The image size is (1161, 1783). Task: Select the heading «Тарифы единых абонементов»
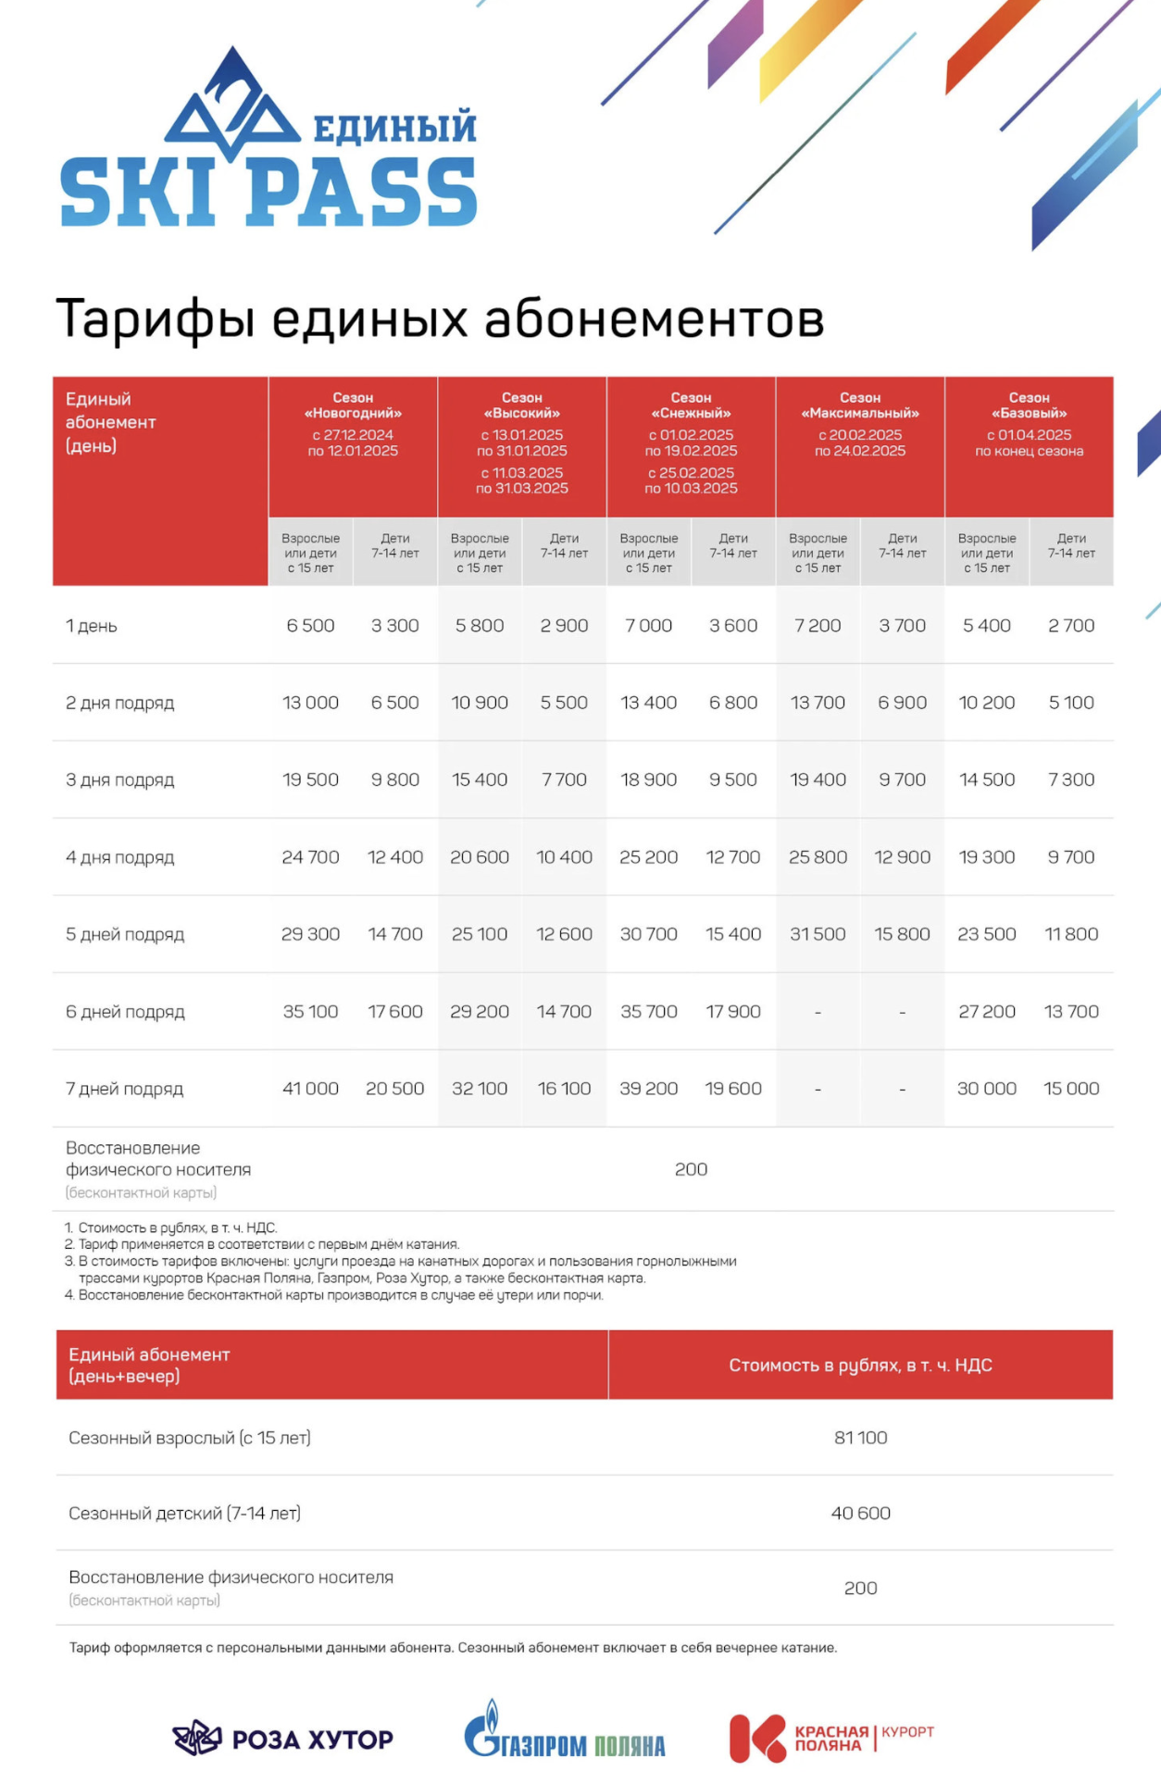pos(440,318)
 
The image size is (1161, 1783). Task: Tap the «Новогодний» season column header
pos(353,405)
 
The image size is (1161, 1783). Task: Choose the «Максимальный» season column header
pos(860,405)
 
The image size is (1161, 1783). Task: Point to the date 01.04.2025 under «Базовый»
pos(1034,435)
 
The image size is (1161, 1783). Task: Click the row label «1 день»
pos(92,626)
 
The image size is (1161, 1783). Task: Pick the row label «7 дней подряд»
pos(124,1089)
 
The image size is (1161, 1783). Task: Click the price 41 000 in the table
pos(310,1089)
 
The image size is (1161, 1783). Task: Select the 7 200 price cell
pos(818,626)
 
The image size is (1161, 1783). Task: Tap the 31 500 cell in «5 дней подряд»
pos(818,934)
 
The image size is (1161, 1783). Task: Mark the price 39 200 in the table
pos(648,1089)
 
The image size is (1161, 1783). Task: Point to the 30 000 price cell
pos(986,1089)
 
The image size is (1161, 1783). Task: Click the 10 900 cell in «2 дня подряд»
pos(480,703)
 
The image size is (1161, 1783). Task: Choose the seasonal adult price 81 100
pos(860,1438)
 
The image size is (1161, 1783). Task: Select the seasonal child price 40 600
pos(860,1514)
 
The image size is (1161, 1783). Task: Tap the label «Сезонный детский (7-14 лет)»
pos(184,1514)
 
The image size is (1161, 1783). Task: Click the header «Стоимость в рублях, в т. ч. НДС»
pos(860,1365)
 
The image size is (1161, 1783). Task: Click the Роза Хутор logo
pos(283,1739)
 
